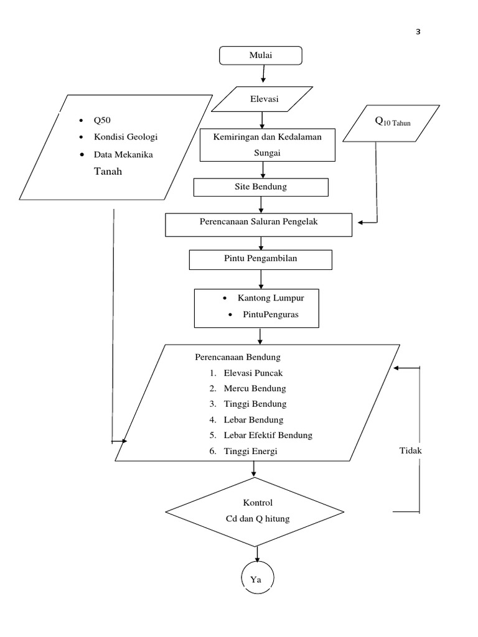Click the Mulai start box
click(x=261, y=55)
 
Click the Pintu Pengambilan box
click(x=260, y=259)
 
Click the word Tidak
click(x=411, y=449)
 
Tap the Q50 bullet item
click(x=102, y=121)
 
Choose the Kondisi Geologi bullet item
click(x=130, y=137)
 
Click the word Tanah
click(x=108, y=172)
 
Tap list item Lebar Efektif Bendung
click(x=268, y=435)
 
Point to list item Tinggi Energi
click(x=250, y=451)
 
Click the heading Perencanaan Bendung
click(x=238, y=357)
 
